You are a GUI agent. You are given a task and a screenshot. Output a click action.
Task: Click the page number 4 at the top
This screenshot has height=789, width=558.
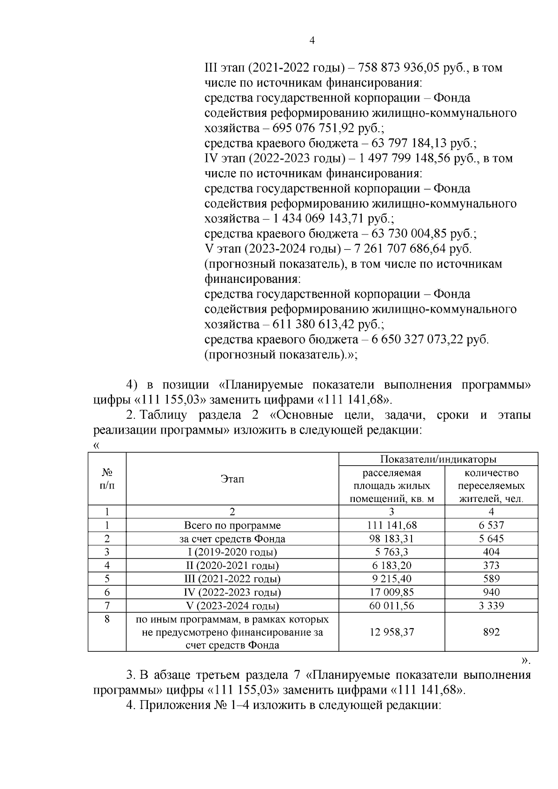312,41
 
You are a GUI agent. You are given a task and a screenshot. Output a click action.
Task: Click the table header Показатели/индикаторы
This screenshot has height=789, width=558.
438,459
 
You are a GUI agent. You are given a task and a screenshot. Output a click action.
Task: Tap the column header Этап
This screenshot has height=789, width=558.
232,479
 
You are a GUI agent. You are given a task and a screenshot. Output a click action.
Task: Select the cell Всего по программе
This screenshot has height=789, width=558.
232,525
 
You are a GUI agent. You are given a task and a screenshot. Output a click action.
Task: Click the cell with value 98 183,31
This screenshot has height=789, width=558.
391,539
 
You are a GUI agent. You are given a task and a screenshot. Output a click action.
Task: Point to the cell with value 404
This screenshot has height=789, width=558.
491,552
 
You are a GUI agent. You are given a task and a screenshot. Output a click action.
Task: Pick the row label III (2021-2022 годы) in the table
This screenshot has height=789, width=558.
232,579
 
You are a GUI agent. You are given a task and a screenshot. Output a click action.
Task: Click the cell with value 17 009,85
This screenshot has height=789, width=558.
391,592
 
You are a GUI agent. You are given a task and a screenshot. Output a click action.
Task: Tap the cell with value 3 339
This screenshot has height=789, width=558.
491,606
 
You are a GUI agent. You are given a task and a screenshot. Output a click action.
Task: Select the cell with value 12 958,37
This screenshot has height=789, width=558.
391,632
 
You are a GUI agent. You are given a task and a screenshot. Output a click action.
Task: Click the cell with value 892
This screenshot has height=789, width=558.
491,632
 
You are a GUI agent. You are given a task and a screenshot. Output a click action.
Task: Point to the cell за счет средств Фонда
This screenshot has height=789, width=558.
232,539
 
